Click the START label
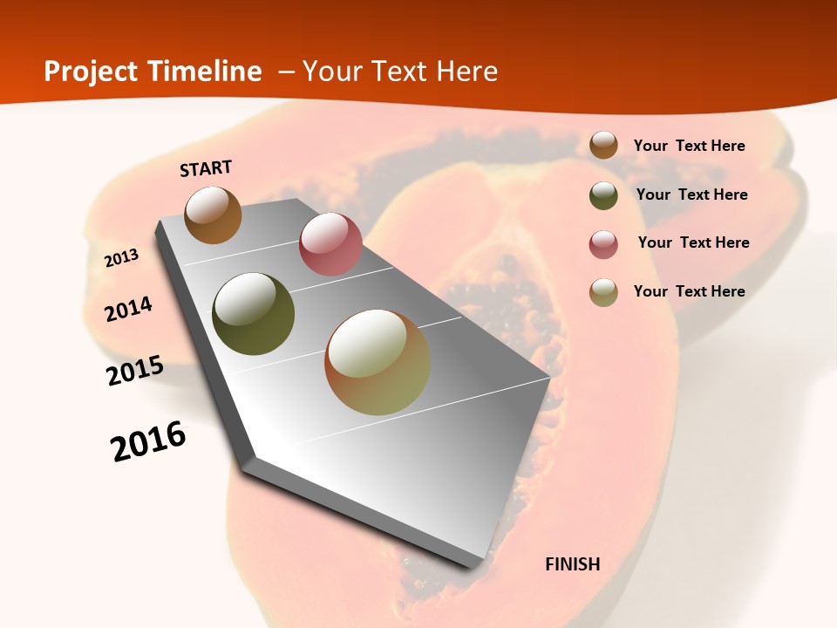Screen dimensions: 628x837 [206, 168]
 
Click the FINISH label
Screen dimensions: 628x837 [573, 564]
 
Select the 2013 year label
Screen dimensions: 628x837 [122, 258]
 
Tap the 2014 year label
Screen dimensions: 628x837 [128, 310]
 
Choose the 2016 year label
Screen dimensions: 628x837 [148, 441]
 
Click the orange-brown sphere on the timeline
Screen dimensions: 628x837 [213, 215]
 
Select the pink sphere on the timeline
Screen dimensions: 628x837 [330, 244]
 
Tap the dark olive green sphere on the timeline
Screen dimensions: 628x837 [253, 314]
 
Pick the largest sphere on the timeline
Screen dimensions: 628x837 [378, 362]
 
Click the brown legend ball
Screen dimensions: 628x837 [603, 145]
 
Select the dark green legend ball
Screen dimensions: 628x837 [603, 195]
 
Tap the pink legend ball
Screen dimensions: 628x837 [603, 244]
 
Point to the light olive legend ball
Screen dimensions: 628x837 [603, 292]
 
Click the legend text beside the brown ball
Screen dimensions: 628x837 [689, 146]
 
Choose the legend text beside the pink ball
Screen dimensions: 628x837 [693, 242]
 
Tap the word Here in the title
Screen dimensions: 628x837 [466, 72]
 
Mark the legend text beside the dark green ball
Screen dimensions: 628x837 [691, 195]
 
